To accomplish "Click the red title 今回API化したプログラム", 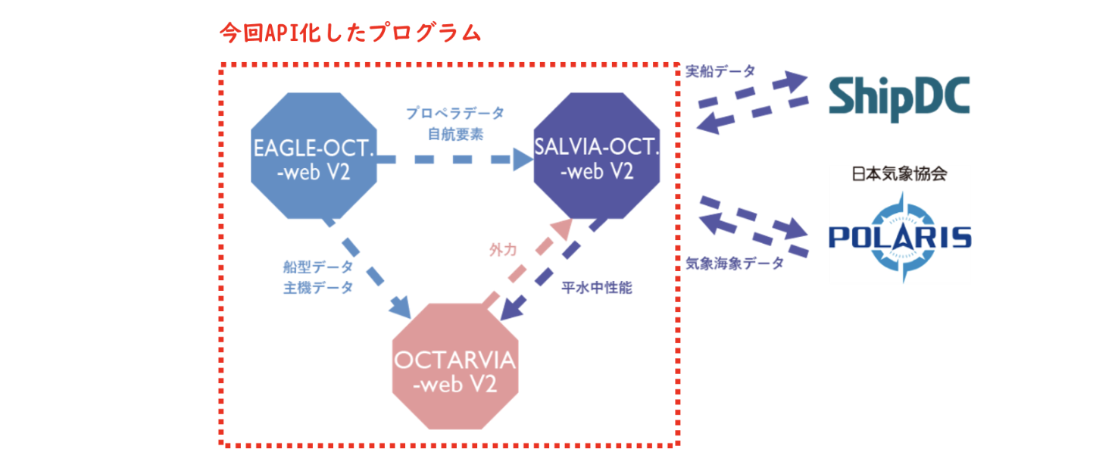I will point(350,33).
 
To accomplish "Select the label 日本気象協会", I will point(899,174).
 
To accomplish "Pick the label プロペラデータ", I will point(454,114).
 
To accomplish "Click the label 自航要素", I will point(454,134).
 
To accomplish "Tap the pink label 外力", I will point(503,248).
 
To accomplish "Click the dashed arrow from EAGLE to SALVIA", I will point(454,160).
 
